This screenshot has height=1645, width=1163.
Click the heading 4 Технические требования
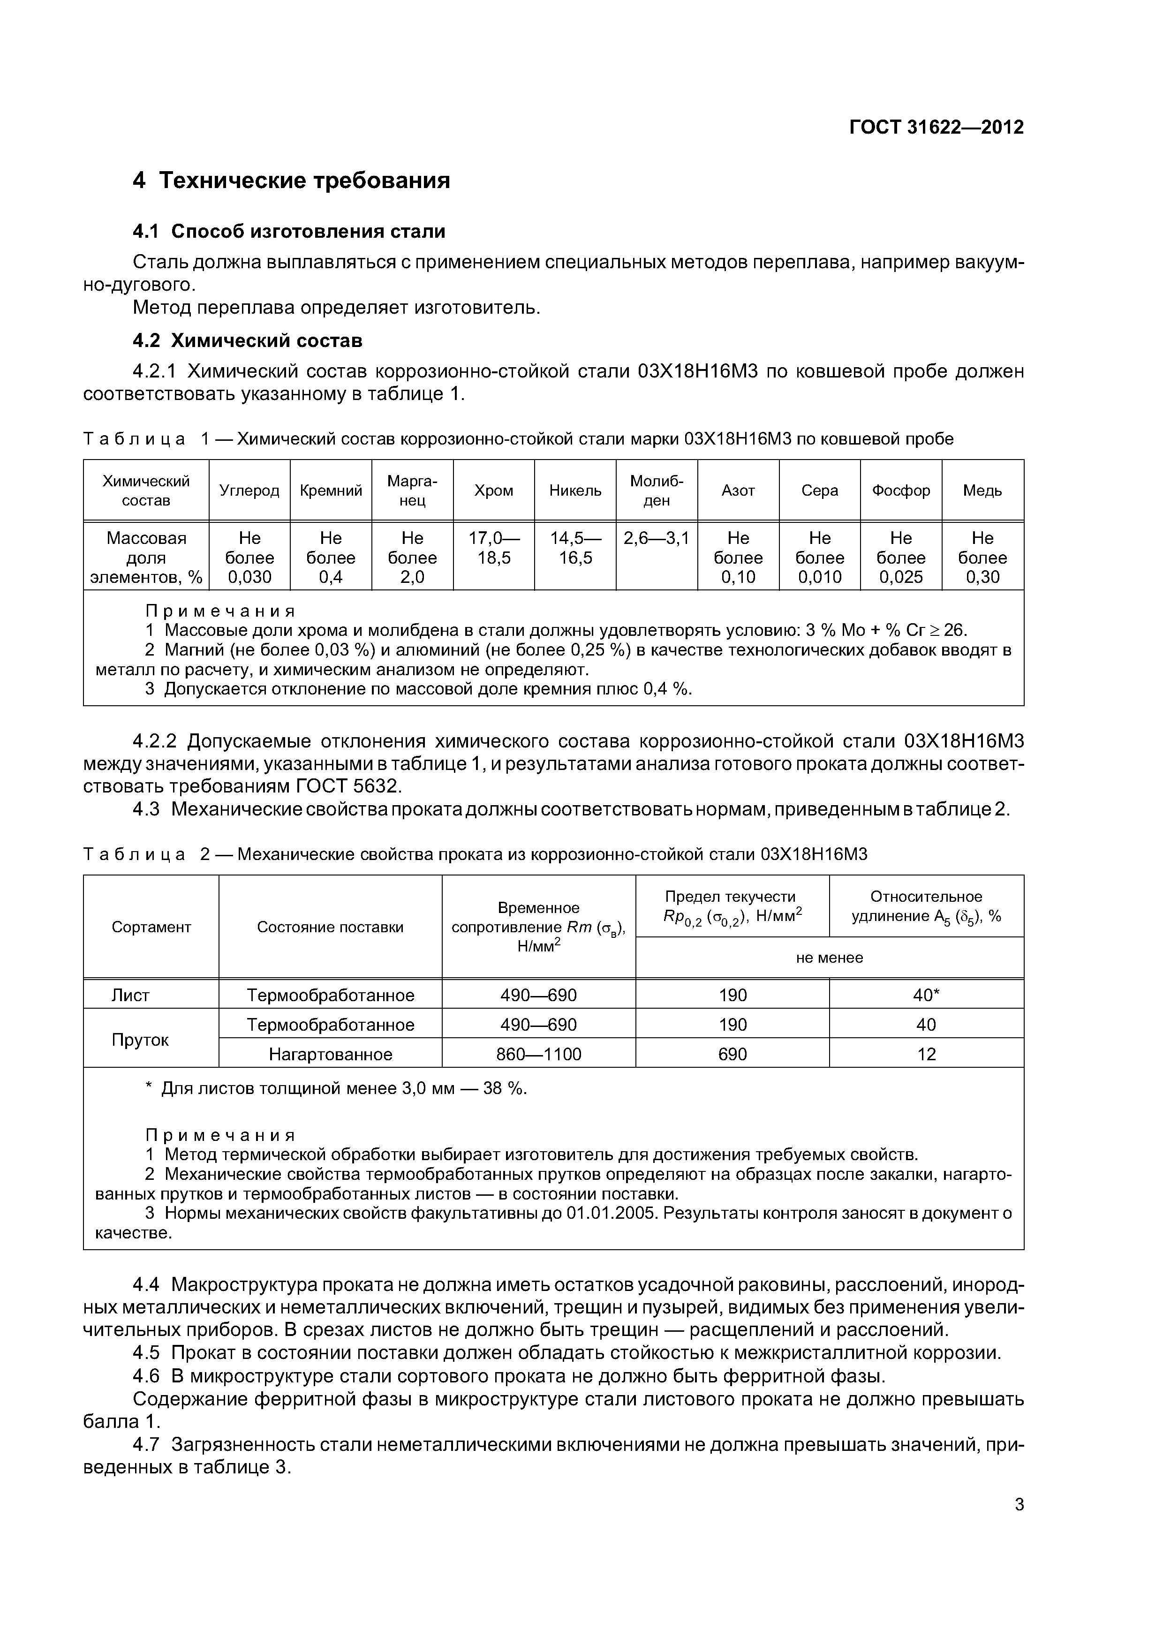292,181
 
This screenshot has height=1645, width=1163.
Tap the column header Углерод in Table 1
249,491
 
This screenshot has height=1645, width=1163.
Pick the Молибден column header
657,491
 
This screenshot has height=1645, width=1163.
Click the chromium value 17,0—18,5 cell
494,548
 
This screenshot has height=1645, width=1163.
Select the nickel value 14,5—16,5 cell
575,548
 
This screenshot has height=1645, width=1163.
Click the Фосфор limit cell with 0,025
901,558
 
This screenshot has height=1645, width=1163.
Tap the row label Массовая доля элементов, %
146,558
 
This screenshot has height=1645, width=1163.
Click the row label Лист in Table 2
130,995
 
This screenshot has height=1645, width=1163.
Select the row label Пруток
140,1040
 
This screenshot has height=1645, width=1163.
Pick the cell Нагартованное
330,1054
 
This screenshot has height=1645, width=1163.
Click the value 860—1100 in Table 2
539,1054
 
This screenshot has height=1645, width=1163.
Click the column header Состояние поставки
330,927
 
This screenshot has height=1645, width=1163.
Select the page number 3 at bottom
1019,1505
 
